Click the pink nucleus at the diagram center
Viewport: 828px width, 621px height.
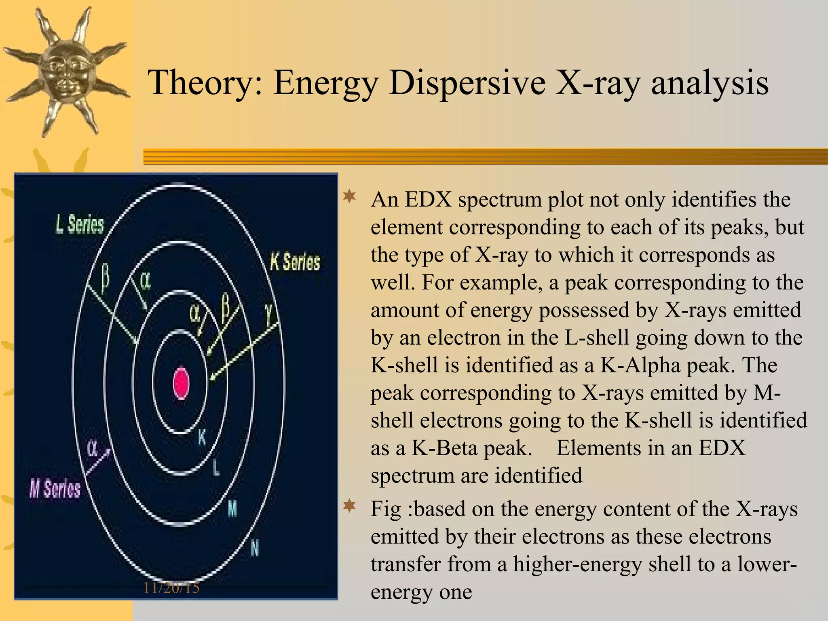[x=181, y=382]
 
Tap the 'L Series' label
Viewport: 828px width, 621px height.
[x=80, y=225]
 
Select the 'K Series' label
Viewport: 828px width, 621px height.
[x=295, y=262]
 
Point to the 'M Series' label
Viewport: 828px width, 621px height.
[x=55, y=489]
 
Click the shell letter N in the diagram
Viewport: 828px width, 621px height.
[x=254, y=549]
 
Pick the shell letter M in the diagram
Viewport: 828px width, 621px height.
[x=232, y=508]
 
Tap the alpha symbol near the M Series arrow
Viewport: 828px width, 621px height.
[x=93, y=448]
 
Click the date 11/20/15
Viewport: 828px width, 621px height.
[x=171, y=587]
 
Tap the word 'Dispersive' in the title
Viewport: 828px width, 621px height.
[x=467, y=83]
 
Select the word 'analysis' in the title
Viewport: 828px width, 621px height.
[x=710, y=83]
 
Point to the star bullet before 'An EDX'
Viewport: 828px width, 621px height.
[x=349, y=197]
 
